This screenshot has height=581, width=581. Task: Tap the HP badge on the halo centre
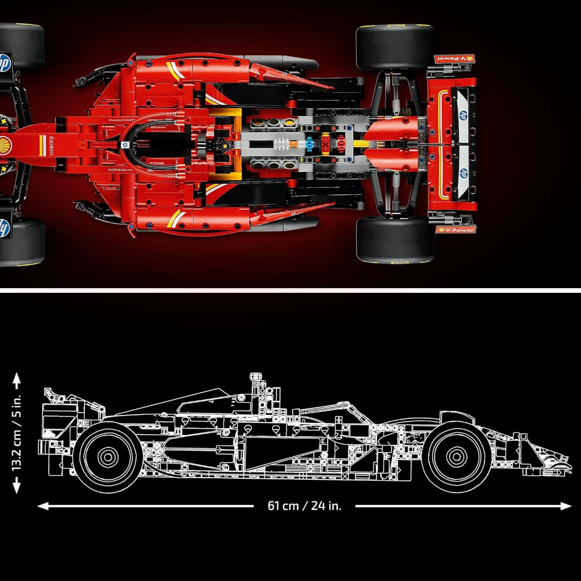point(124,142)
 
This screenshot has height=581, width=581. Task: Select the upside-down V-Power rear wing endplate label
point(455,59)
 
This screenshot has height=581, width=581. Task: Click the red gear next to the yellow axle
point(325,144)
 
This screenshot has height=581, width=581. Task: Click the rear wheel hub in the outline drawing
point(107,457)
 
